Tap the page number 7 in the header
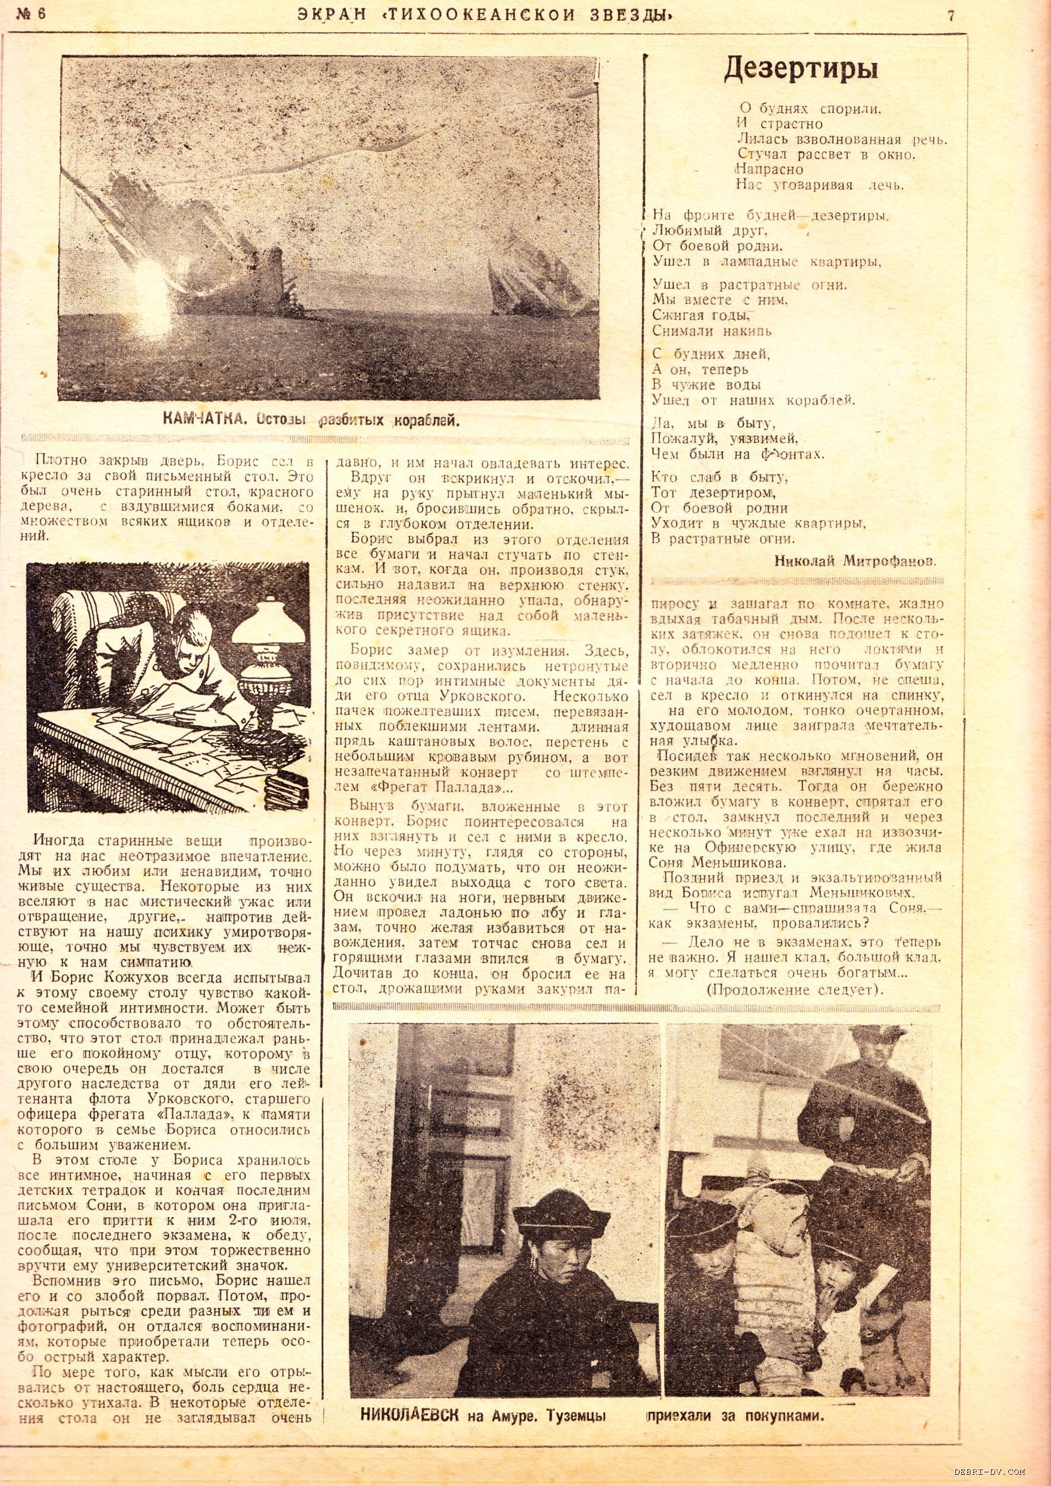click(951, 16)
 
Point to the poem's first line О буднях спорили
click(809, 108)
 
